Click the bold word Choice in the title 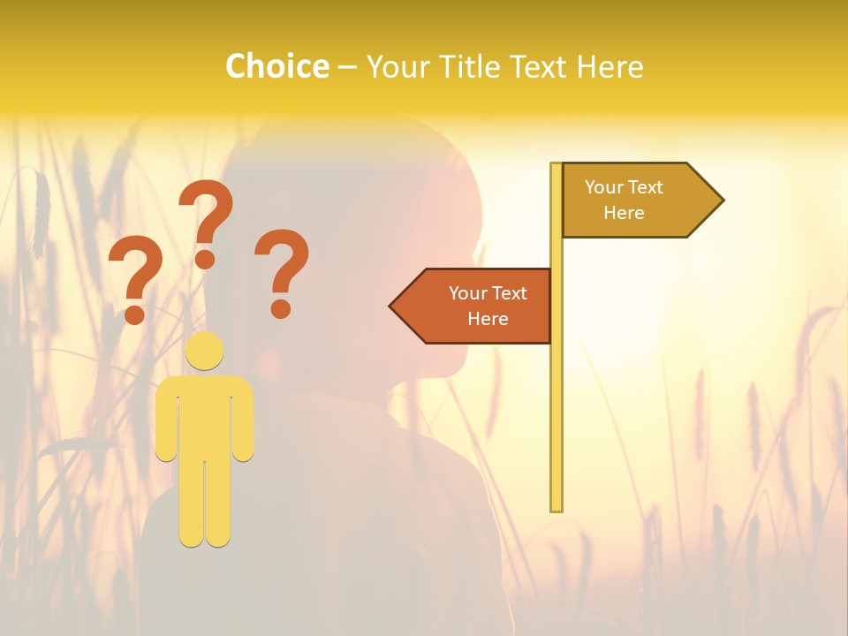[x=276, y=66]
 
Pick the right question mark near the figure [x=282, y=261]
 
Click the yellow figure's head [x=205, y=351]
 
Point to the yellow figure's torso [x=205, y=415]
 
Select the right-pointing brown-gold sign [x=632, y=200]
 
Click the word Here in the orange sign [x=488, y=319]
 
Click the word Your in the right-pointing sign [x=604, y=186]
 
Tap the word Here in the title [x=609, y=66]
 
